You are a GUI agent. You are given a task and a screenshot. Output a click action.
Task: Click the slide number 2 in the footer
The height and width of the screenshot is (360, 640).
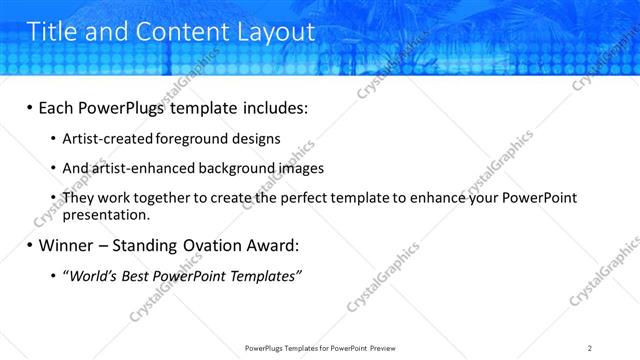click(590, 347)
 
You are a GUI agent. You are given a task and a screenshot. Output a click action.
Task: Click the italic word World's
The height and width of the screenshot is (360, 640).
click(91, 275)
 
